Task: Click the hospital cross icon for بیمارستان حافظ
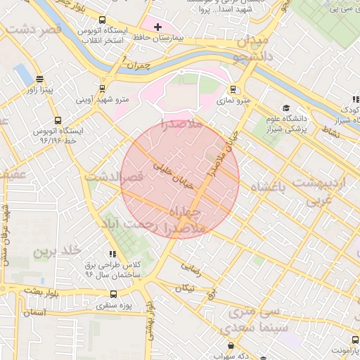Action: coord(157,27)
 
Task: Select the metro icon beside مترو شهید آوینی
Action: coord(103,89)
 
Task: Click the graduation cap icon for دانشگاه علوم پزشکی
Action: coord(286,108)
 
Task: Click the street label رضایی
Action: coord(191,266)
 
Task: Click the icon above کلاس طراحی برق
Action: coord(112,253)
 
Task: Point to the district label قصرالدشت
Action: coord(114,178)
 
